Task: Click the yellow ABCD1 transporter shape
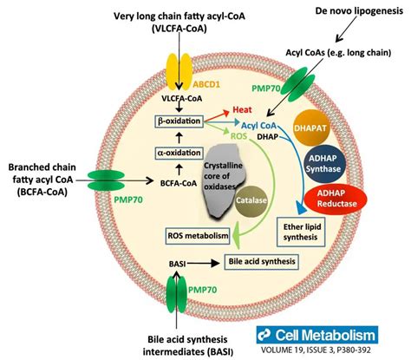click(x=179, y=72)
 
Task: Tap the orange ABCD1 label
click(x=206, y=84)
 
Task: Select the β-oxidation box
click(x=179, y=121)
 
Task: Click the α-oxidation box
click(x=179, y=153)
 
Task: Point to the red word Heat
click(x=242, y=110)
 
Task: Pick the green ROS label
click(x=238, y=135)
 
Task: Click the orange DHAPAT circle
click(x=310, y=128)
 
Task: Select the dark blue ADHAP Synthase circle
click(x=323, y=164)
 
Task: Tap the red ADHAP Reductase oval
click(x=336, y=199)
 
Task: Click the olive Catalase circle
click(x=251, y=200)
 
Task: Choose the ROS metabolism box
click(x=198, y=236)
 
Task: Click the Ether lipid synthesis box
click(x=301, y=232)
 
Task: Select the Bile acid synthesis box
click(x=262, y=262)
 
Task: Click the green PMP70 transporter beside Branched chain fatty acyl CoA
click(x=106, y=180)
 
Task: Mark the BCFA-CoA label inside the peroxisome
click(x=179, y=183)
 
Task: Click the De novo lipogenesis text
click(x=359, y=11)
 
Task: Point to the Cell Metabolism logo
click(x=317, y=335)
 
